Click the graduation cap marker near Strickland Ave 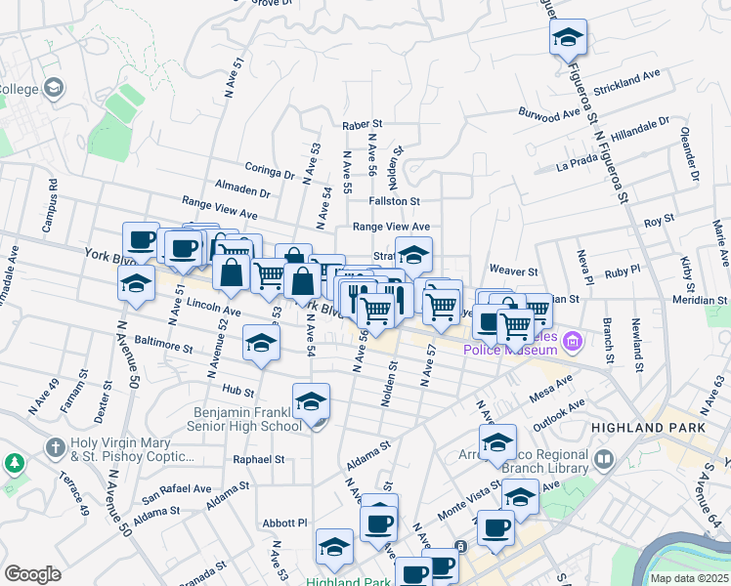(x=568, y=39)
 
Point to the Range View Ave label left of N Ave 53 (x=221, y=207)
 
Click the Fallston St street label (x=394, y=200)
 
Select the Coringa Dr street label (x=270, y=168)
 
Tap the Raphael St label (x=258, y=458)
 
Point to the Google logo (x=32, y=574)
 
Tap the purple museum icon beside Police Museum (x=573, y=341)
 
